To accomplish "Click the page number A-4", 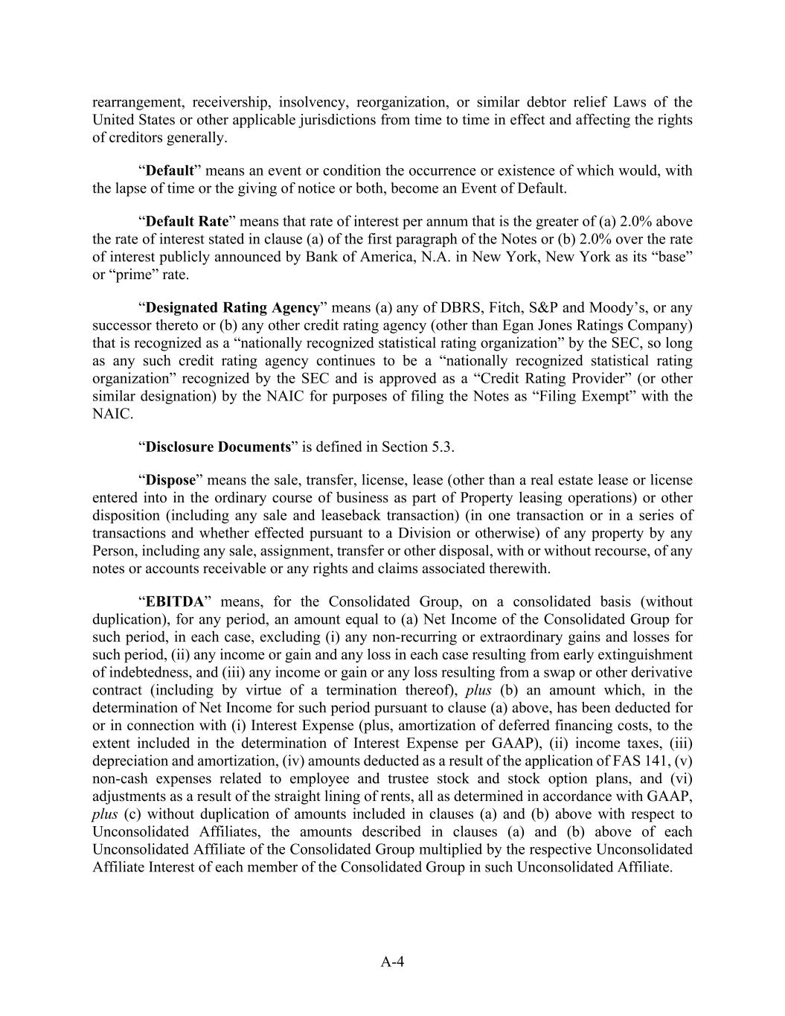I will pos(392,962).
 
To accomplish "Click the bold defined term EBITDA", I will pos(175,601).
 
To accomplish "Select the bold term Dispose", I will pos(170,480).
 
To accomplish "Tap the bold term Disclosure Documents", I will pos(218,447).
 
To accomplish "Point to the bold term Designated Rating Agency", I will pos(233,307).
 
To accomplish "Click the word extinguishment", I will pos(647,654).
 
